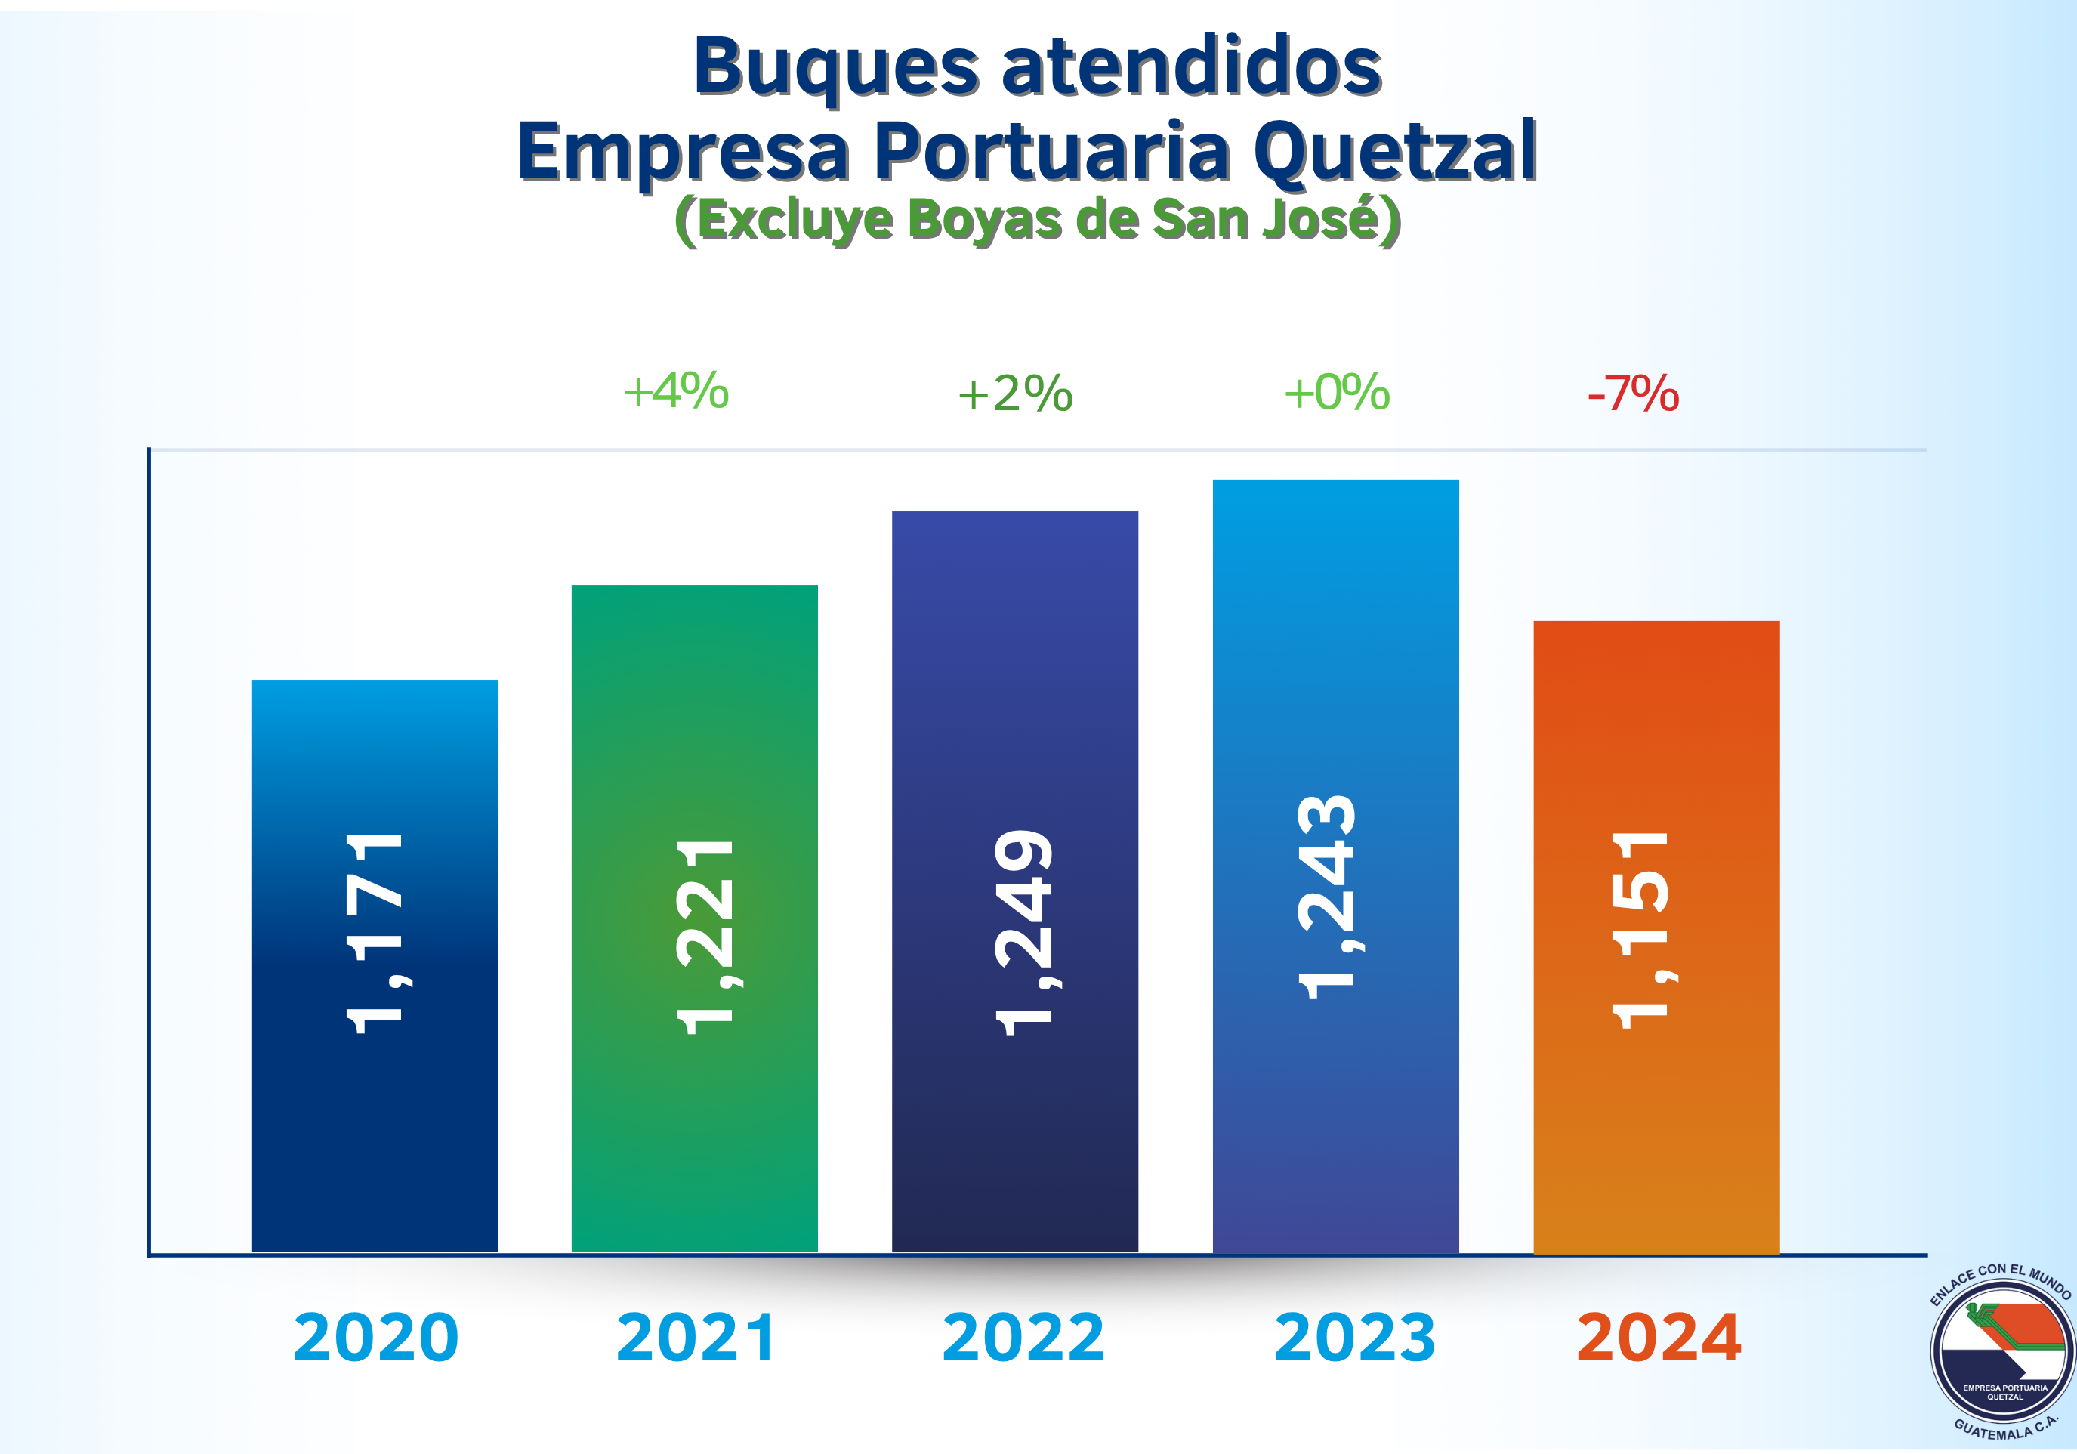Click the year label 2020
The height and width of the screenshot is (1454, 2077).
click(x=375, y=1337)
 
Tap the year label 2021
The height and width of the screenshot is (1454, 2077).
click(x=695, y=1337)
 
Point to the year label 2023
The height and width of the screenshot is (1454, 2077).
click(x=1353, y=1337)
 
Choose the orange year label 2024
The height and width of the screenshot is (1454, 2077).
click(x=1657, y=1337)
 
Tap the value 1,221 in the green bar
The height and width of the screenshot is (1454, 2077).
click(x=705, y=937)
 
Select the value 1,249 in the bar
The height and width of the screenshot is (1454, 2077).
click(x=1024, y=932)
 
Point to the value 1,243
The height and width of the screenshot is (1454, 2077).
click(x=1327, y=897)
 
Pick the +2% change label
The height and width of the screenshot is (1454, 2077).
click(x=1015, y=394)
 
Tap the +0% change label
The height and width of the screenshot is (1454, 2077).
click(x=1336, y=393)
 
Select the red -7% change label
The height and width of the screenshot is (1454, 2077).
click(x=1634, y=394)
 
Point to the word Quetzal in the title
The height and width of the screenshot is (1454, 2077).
click(x=1394, y=151)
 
